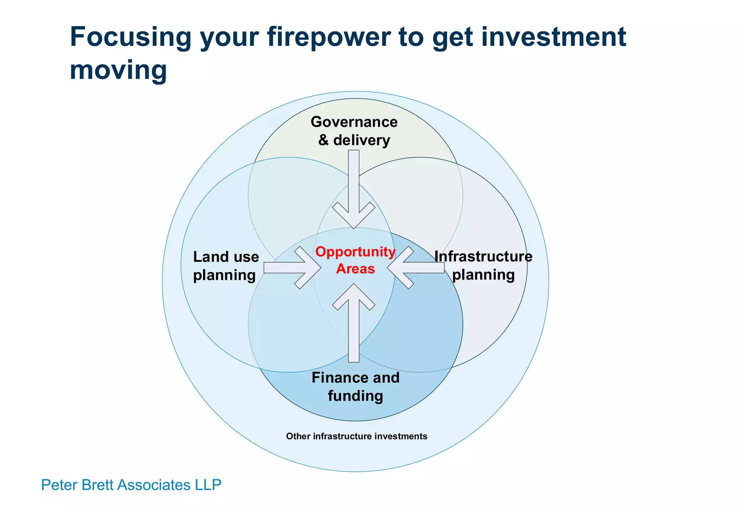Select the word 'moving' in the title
118,70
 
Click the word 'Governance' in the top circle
354,122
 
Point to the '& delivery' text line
354,140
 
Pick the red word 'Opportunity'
355,252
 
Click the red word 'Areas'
355,269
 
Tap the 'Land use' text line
226,257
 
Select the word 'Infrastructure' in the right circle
483,257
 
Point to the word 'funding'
355,396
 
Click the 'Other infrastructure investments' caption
356,436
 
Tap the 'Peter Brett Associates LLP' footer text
131,485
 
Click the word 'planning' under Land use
224,275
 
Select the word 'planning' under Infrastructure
483,275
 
